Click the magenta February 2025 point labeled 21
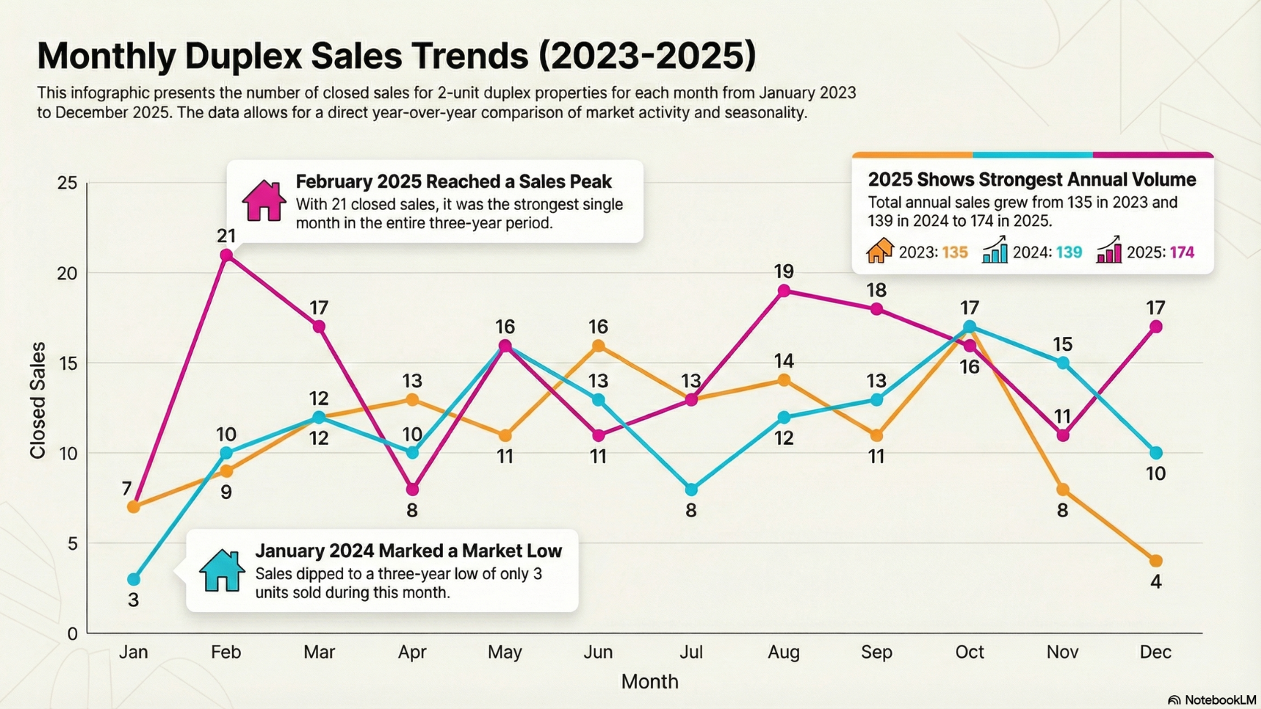tap(226, 255)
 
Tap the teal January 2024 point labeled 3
tap(134, 579)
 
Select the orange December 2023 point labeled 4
tap(1156, 561)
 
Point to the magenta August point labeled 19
tap(784, 291)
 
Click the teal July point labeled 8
tap(691, 489)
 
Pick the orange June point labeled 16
tap(598, 346)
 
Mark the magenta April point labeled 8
tap(412, 489)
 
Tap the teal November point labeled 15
tap(1063, 363)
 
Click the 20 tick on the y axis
tap(67, 274)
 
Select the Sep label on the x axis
tap(876, 652)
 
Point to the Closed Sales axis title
tap(38, 400)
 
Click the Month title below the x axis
tap(649, 681)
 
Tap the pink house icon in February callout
tap(263, 201)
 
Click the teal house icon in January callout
tap(222, 570)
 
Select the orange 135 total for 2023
tap(955, 252)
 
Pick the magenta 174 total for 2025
tap(1182, 252)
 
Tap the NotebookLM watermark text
tap(1219, 700)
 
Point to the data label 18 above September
tap(876, 290)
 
